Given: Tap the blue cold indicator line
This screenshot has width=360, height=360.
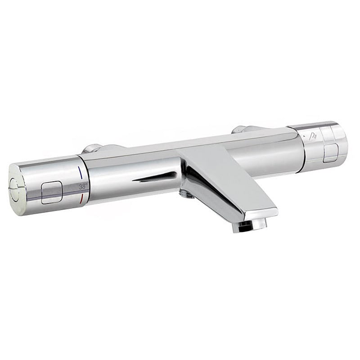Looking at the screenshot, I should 81,173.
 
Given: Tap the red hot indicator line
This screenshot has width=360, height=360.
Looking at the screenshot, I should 81,198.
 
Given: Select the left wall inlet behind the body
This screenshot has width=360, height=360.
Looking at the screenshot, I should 92,149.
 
